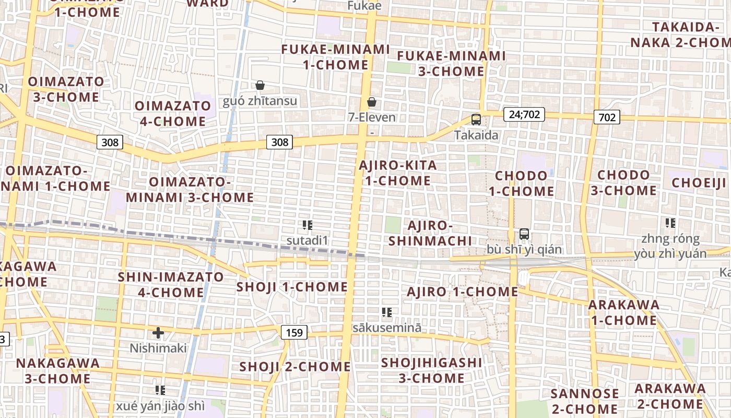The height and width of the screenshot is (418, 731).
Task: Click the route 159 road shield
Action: coord(294,332)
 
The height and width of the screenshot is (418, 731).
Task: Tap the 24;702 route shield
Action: coord(524,114)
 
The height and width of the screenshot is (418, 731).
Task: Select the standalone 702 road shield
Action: coord(607,117)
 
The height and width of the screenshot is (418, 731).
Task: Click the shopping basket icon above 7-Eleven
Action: coord(372,101)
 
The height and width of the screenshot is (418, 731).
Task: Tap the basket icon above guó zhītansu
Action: coord(260,85)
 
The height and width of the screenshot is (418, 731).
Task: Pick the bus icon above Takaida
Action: coord(476,119)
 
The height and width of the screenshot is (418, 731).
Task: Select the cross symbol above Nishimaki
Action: coord(158,332)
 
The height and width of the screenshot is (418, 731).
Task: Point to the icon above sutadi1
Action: coord(307,225)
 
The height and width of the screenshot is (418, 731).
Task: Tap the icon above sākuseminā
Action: coord(386,312)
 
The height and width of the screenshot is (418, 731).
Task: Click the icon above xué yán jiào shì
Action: coord(160,390)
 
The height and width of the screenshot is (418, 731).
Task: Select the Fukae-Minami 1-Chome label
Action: coord(336,57)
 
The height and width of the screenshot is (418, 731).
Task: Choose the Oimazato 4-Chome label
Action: coord(173,113)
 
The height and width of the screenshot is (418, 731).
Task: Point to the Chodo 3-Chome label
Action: coord(623,182)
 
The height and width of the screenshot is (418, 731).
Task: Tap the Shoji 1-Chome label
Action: coord(292,287)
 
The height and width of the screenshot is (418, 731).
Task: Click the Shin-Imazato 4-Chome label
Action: coord(171,284)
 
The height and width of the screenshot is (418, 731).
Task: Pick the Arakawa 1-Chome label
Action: coord(623,312)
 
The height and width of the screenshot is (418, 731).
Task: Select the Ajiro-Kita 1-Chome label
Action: coord(398,173)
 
